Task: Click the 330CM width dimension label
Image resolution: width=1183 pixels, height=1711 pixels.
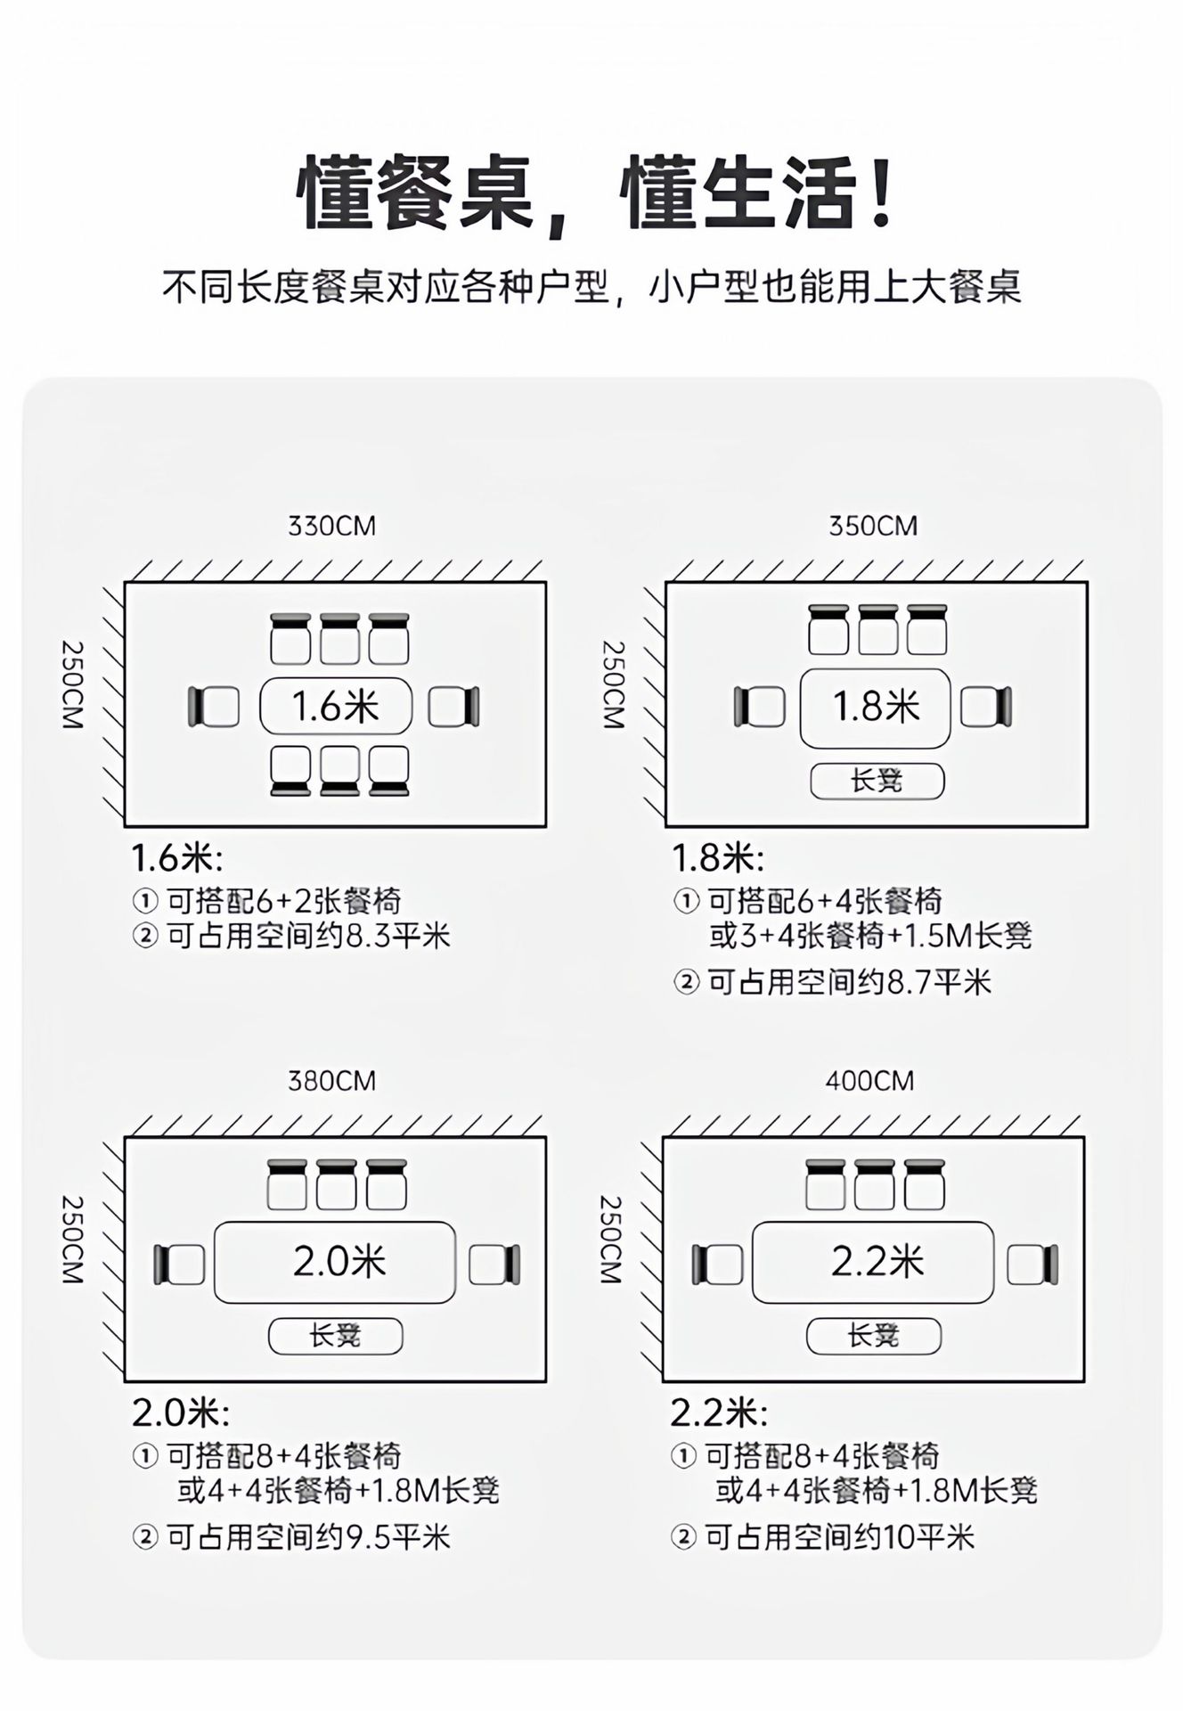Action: click(x=331, y=526)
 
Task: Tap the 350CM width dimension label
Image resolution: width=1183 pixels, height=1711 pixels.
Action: click(x=873, y=526)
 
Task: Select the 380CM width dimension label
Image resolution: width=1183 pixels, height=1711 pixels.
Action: click(x=331, y=1081)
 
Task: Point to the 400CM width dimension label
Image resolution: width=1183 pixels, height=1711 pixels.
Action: click(x=869, y=1081)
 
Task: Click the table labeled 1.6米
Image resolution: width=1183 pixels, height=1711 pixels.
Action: click(x=336, y=707)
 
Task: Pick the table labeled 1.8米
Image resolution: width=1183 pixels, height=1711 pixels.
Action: click(x=876, y=708)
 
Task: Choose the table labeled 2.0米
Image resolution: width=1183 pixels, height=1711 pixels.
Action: click(x=335, y=1262)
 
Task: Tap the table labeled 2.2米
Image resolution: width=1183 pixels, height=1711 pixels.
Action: click(x=873, y=1262)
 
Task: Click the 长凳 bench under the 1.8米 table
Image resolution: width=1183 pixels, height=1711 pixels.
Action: click(x=877, y=782)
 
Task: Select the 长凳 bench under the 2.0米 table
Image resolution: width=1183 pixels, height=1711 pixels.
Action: click(x=336, y=1336)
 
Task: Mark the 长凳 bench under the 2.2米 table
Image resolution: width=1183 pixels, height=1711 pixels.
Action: click(x=874, y=1336)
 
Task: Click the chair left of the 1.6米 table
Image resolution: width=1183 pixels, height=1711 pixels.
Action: click(x=214, y=707)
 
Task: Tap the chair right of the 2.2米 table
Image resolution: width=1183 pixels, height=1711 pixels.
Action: click(x=1032, y=1265)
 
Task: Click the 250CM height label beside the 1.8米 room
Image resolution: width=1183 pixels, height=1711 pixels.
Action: click(x=614, y=685)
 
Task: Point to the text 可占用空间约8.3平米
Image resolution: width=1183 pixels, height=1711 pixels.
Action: click(x=308, y=936)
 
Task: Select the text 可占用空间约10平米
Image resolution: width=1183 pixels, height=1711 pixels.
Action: click(x=839, y=1536)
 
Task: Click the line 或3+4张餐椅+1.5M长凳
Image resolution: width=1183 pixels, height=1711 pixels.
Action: click(x=870, y=936)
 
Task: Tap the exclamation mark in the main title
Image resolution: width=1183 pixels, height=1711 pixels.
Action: click(x=882, y=192)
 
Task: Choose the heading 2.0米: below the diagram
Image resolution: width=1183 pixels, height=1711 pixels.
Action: click(x=181, y=1412)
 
